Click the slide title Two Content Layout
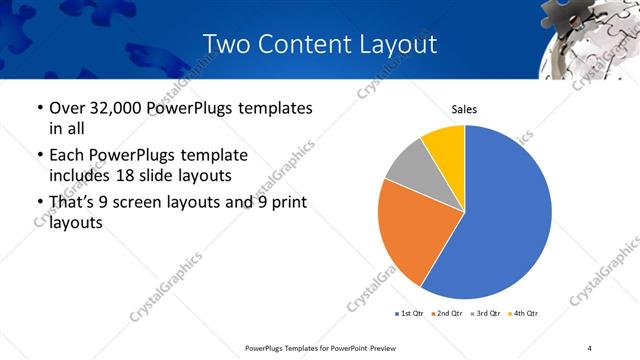[x=319, y=44]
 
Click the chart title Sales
[x=464, y=109]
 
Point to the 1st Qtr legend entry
[x=410, y=314]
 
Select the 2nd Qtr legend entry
[x=447, y=314]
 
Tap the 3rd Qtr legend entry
[x=486, y=314]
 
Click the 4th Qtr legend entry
[x=524, y=314]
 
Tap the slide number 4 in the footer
[x=590, y=347]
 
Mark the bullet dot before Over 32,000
[x=38, y=108]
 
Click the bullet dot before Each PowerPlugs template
[x=38, y=156]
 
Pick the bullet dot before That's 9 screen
[x=38, y=204]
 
